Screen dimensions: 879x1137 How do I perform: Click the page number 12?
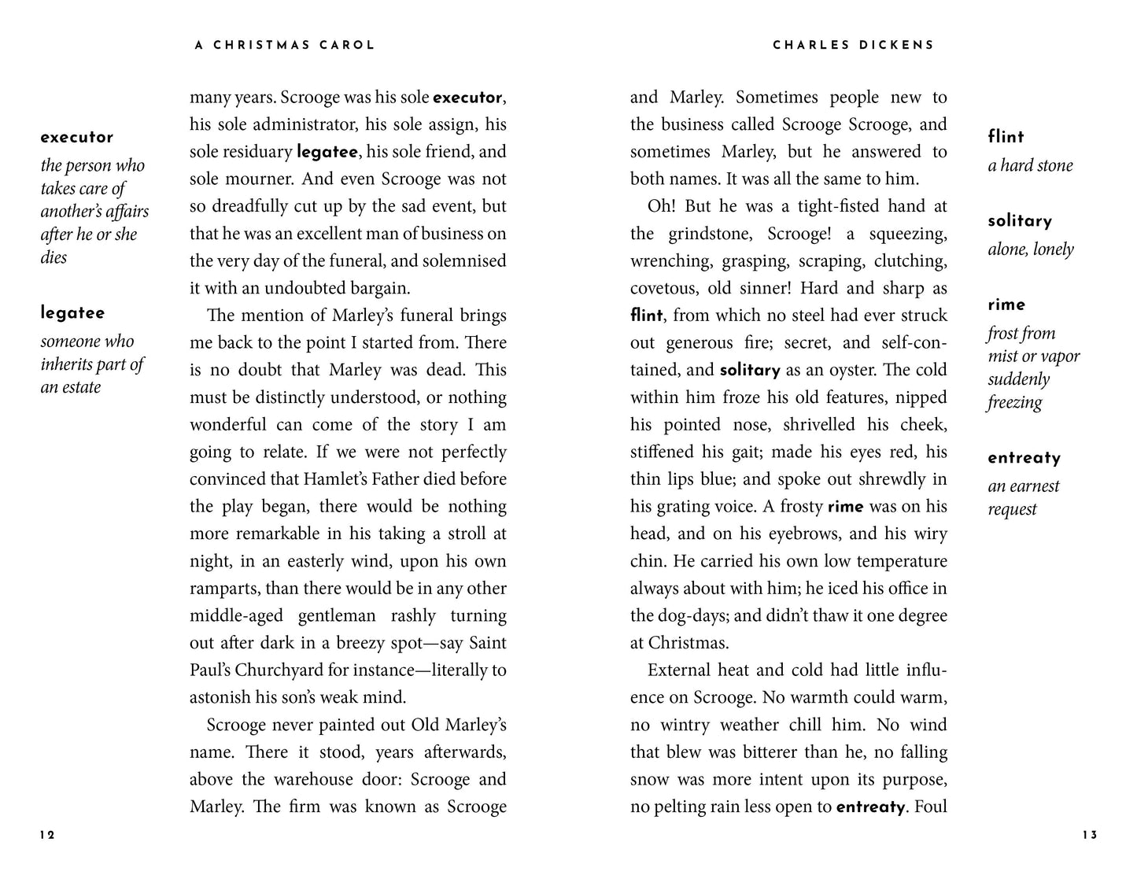coord(47,836)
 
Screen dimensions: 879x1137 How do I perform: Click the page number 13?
coord(1089,836)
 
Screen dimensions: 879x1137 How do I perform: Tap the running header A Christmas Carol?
coord(285,46)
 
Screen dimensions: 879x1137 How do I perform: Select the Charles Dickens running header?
coord(853,46)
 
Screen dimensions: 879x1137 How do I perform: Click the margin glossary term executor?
coord(77,138)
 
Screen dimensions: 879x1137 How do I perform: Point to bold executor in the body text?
coord(467,98)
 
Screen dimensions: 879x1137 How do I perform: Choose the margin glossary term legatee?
coord(72,313)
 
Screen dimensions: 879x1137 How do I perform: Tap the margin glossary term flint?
coord(1006,138)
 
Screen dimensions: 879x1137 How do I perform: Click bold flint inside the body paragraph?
coord(646,316)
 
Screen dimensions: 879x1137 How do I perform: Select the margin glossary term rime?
coord(1006,305)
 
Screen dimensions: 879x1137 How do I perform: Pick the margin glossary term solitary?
coord(1020,221)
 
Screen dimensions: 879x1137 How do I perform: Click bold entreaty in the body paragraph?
coord(871,807)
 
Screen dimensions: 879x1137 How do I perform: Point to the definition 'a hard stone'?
coord(1030,166)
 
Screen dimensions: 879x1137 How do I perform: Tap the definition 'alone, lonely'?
coord(1030,249)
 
